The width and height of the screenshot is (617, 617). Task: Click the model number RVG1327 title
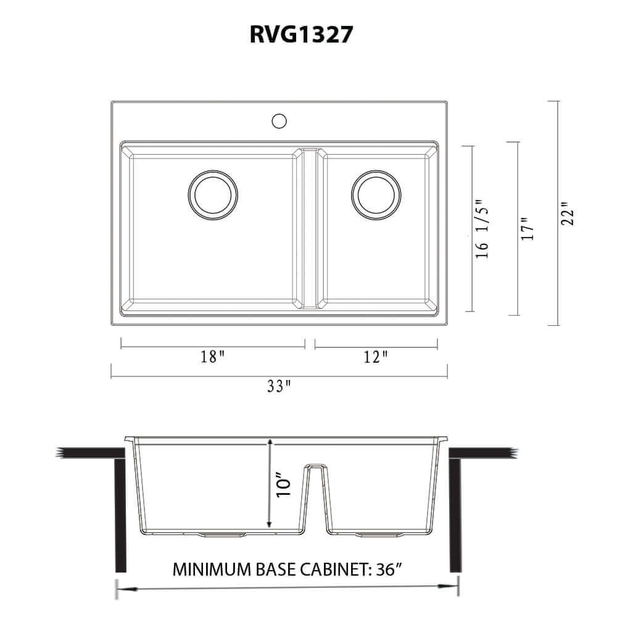tap(302, 35)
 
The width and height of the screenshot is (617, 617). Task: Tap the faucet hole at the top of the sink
tap(280, 120)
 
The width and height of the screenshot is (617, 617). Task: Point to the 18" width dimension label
tap(212, 357)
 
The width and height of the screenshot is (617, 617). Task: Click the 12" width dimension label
tap(376, 357)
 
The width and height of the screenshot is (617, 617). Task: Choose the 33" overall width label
tap(279, 387)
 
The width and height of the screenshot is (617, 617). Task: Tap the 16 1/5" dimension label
tap(483, 228)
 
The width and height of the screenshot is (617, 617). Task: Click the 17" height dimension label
tap(526, 229)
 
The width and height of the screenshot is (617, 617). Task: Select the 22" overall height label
tap(568, 213)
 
